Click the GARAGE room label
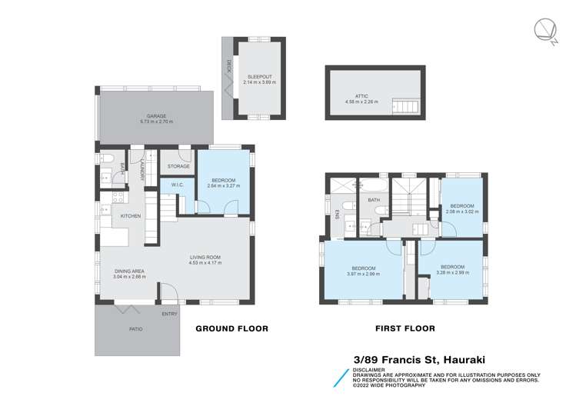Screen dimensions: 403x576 [x=156, y=116]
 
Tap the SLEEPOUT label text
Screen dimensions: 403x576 [x=260, y=77]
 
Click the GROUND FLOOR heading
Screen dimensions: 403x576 [x=231, y=328]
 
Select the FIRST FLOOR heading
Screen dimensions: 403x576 [x=405, y=328]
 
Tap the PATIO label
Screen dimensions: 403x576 [x=135, y=329]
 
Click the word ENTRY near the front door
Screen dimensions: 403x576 [x=169, y=314]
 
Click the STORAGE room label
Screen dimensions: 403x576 [x=179, y=166]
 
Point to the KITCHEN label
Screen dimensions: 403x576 [x=130, y=216]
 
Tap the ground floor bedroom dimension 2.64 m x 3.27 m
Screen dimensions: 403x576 [x=224, y=185]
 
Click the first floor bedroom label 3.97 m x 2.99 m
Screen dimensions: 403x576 [x=362, y=275]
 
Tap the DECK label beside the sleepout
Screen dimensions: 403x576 [x=228, y=67]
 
